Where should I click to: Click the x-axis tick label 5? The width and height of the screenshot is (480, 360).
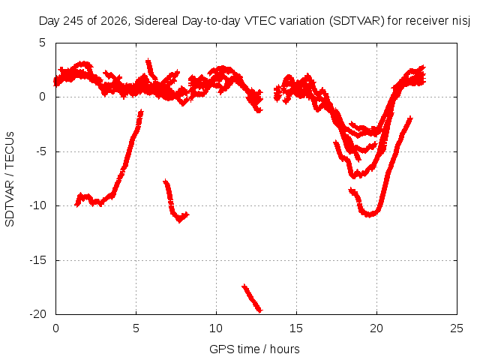pyautogui.click(x=136, y=328)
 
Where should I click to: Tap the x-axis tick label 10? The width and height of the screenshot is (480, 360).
pyautogui.click(x=216, y=328)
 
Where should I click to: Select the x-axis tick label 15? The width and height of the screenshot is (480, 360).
pyautogui.click(x=296, y=328)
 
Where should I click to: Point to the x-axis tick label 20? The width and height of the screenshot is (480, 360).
pyautogui.click(x=376, y=328)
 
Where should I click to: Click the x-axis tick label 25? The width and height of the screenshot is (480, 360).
pyautogui.click(x=457, y=328)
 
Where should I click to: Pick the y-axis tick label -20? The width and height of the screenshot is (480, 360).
pyautogui.click(x=37, y=314)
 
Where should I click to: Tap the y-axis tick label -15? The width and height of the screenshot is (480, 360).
pyautogui.click(x=37, y=260)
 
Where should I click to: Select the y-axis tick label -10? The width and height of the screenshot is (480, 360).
pyautogui.click(x=37, y=205)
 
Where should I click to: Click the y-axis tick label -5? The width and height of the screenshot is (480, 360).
pyautogui.click(x=41, y=151)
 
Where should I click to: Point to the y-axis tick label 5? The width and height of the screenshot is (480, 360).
pyautogui.click(x=43, y=43)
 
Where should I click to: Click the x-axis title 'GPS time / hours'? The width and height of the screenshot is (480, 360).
pyautogui.click(x=254, y=349)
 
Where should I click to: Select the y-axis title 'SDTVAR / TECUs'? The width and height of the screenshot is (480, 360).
pyautogui.click(x=10, y=179)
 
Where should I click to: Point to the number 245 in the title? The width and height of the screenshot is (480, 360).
pyautogui.click(x=73, y=21)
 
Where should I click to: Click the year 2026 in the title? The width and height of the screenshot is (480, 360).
pyautogui.click(x=113, y=21)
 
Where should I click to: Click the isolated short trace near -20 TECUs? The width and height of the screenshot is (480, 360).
pyautogui.click(x=252, y=298)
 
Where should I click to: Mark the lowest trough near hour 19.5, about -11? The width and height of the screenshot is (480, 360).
pyautogui.click(x=370, y=214)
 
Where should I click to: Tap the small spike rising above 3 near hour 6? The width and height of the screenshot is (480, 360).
pyautogui.click(x=150, y=68)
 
